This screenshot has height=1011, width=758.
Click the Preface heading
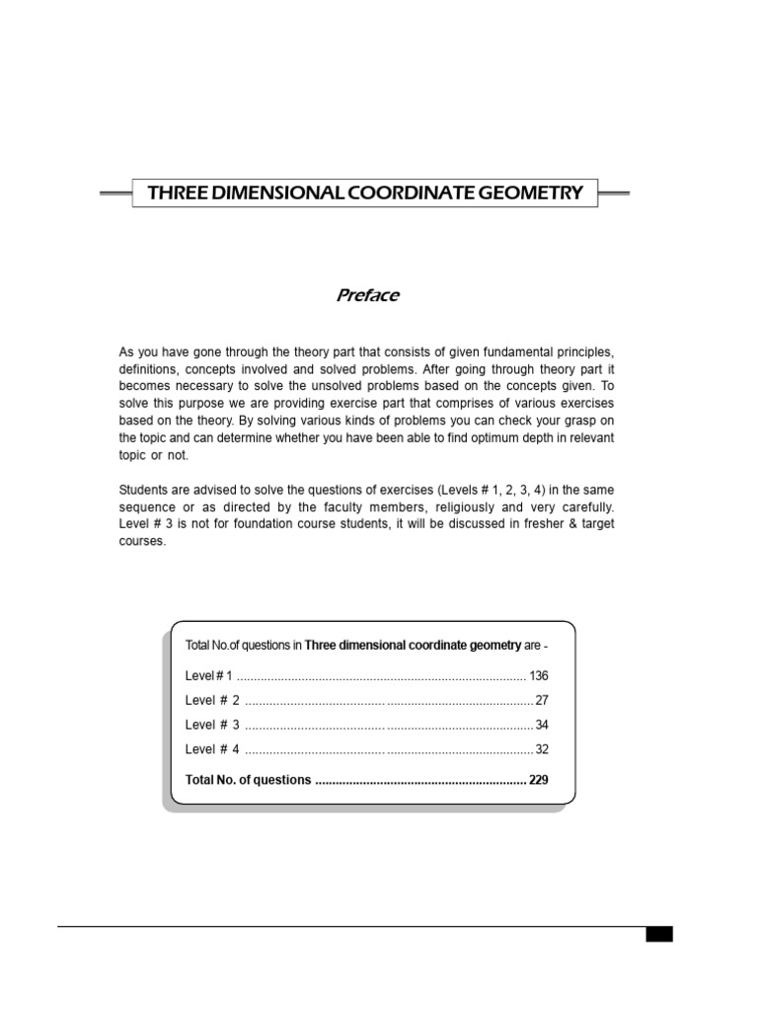368,295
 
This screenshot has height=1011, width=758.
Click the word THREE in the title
174,193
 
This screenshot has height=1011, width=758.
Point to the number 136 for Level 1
538,675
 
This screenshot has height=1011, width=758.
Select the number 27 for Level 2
541,700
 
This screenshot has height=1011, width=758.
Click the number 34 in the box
541,725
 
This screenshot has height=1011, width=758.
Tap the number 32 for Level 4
541,749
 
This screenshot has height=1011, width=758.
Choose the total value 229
538,779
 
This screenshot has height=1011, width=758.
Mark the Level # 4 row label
212,749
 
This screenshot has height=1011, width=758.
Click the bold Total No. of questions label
248,779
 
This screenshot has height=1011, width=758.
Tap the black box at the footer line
658,933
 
